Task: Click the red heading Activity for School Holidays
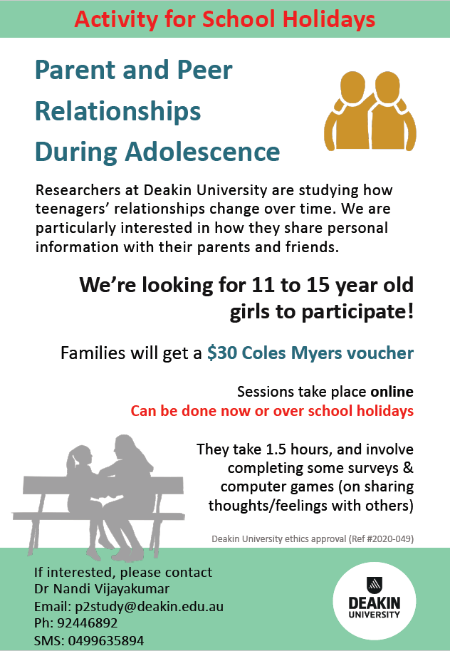224,19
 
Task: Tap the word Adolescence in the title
203,151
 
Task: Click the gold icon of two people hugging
370,110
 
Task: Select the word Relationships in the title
118,111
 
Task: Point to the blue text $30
222,353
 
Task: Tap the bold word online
392,392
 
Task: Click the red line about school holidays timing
272,410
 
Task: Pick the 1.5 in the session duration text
276,449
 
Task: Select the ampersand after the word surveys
408,468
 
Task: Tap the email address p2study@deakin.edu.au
150,606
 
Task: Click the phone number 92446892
88,623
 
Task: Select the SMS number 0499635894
106,640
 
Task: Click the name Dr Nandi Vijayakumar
102,589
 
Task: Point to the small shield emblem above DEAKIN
375,585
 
